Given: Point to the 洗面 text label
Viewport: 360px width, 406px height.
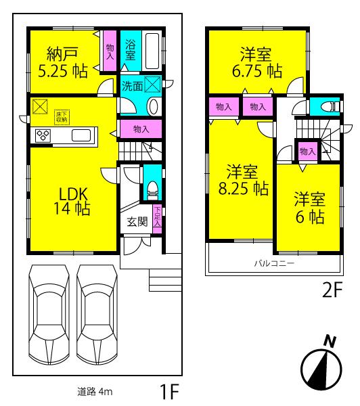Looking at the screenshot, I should pyautogui.click(x=132, y=86).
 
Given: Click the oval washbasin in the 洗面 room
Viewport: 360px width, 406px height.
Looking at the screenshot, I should pyautogui.click(x=152, y=106).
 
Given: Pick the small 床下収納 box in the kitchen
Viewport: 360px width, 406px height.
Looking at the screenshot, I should pyautogui.click(x=62, y=116).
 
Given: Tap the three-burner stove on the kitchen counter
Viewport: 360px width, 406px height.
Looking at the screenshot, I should pyautogui.click(x=43, y=135).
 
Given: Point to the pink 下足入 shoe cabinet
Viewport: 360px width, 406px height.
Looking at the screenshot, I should pyautogui.click(x=157, y=219).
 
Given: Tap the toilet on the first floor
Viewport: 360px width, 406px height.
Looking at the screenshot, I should pyautogui.click(x=153, y=185).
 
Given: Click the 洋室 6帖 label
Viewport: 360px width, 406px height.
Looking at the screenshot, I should pyautogui.click(x=309, y=208).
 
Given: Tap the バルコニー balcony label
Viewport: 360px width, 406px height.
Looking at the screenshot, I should pyautogui.click(x=274, y=263).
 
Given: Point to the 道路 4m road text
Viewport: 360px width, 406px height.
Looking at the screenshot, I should pyautogui.click(x=94, y=391).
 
